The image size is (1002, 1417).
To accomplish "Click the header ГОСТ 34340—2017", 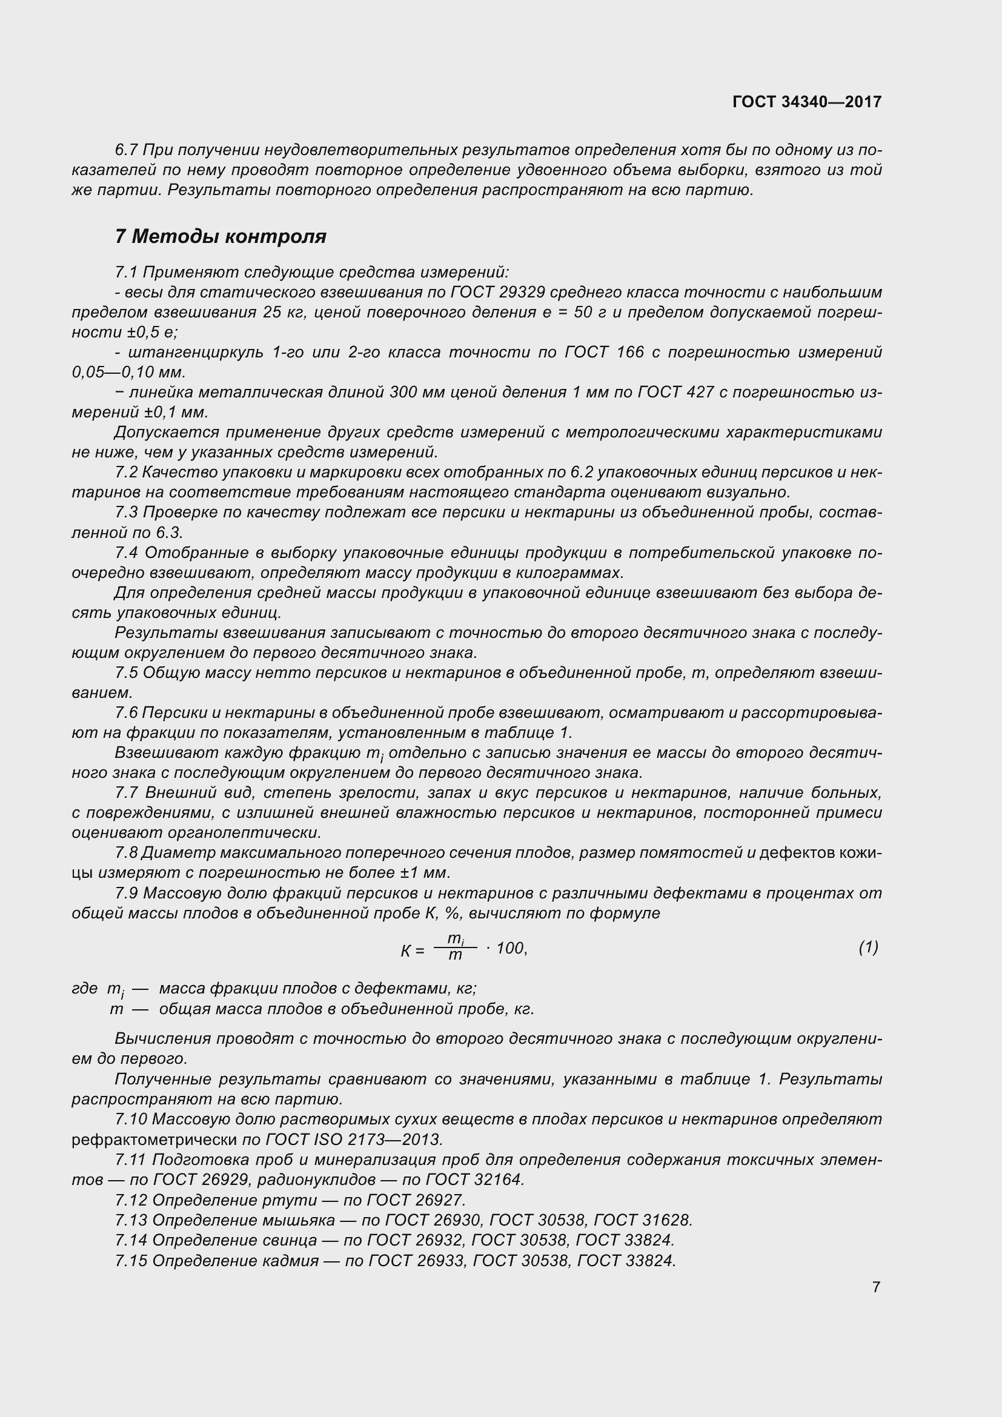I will [x=807, y=102].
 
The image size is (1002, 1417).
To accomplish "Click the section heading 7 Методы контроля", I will [x=221, y=236].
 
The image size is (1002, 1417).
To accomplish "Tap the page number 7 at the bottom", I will [x=876, y=1287].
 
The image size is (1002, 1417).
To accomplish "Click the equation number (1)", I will [x=868, y=947].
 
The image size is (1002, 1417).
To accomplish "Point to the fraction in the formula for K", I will [x=456, y=947].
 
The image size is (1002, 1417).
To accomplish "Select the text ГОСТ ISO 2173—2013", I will [x=355, y=1140].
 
